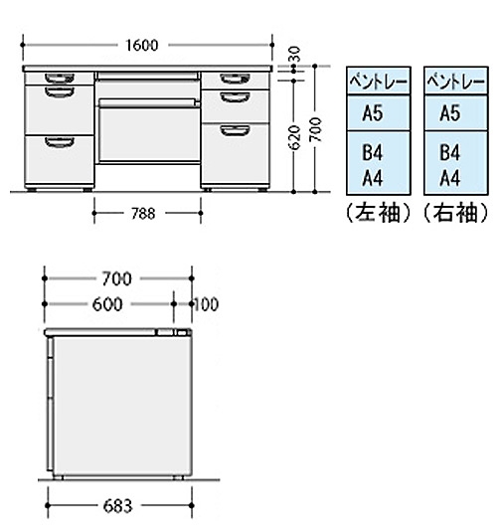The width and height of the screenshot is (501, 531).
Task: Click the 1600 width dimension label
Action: click(x=142, y=46)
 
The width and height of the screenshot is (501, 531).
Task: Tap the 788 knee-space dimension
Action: click(x=143, y=214)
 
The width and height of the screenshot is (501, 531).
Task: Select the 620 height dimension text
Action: click(x=294, y=137)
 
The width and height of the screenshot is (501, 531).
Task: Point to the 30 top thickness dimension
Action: click(x=295, y=54)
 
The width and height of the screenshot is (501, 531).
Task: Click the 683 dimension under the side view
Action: click(x=117, y=506)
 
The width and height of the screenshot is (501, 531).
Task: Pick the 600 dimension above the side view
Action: click(x=107, y=304)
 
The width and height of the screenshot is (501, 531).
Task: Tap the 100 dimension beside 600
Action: click(x=206, y=304)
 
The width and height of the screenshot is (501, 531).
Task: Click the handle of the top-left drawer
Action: click(x=60, y=79)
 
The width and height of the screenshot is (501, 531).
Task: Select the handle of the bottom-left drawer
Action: click(x=60, y=142)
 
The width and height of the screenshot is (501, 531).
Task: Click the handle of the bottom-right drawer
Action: click(x=236, y=130)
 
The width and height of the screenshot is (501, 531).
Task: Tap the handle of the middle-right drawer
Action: click(x=236, y=97)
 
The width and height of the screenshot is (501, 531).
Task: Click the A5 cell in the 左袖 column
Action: click(x=379, y=113)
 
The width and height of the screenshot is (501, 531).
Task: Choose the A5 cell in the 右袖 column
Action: click(x=456, y=113)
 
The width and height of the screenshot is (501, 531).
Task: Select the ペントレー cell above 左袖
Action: click(x=379, y=81)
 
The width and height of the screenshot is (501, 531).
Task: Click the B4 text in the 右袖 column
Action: click(x=450, y=153)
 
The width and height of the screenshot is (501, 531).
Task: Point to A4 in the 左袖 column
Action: click(x=373, y=178)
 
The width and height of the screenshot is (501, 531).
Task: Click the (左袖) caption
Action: click(x=379, y=214)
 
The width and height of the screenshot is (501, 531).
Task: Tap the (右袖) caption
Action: click(x=456, y=214)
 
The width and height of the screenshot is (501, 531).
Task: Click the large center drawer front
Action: click(x=149, y=134)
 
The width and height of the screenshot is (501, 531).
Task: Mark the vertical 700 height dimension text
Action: click(x=315, y=129)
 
